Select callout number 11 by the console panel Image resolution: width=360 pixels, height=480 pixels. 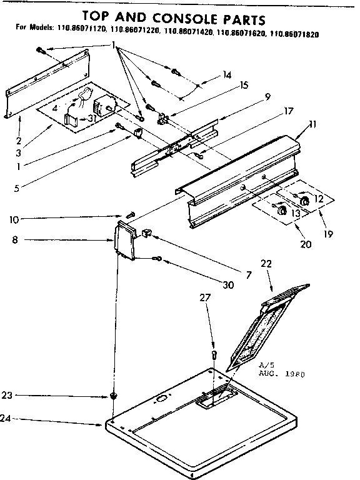click(x=312, y=124)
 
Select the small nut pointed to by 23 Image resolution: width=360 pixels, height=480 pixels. click(x=113, y=396)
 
